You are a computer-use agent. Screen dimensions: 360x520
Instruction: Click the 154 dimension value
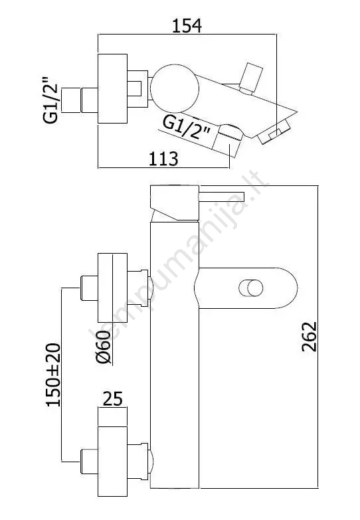click(x=187, y=26)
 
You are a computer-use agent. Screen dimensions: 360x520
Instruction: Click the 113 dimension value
click(x=163, y=159)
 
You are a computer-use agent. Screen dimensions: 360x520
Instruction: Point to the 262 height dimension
click(x=310, y=336)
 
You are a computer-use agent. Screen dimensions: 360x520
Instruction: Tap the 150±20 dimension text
click(x=53, y=375)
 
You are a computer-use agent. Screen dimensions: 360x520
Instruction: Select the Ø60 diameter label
click(x=104, y=347)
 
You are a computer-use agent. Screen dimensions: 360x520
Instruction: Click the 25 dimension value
click(x=112, y=398)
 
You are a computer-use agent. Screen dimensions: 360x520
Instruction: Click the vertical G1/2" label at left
click(x=50, y=100)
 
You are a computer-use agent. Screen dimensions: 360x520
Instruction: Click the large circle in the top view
click(x=175, y=88)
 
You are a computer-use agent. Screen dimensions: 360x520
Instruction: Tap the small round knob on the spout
click(x=251, y=288)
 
